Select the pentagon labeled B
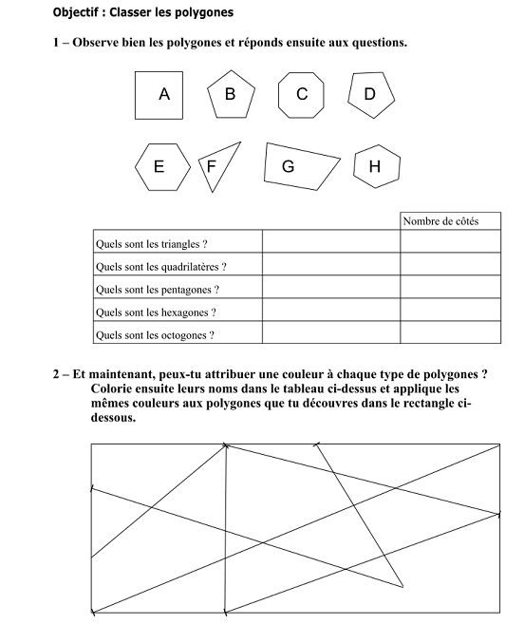tap(231, 94)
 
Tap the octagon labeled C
tap(302, 94)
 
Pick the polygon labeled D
tap(370, 93)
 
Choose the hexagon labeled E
tap(159, 166)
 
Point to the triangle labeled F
tap(215, 164)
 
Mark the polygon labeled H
tap(375, 166)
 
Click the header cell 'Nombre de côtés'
tap(440, 221)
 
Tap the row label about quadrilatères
tap(160, 267)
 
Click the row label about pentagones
tap(158, 290)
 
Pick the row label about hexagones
tap(157, 312)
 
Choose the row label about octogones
tap(155, 334)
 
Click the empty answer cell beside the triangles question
tap(330, 244)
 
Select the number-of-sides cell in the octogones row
tap(449, 334)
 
